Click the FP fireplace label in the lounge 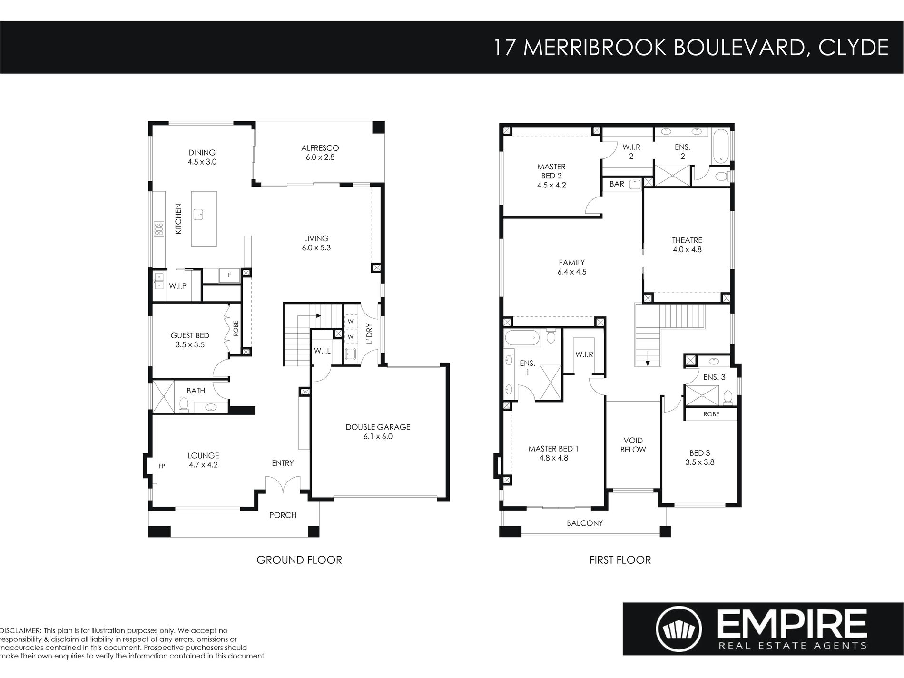[x=162, y=466]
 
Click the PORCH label [x=283, y=515]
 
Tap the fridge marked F [x=229, y=275]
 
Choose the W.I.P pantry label [x=177, y=286]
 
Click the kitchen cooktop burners [x=158, y=229]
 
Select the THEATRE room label [x=687, y=240]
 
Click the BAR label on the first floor [x=617, y=184]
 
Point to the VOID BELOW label [x=633, y=445]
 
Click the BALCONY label [x=585, y=523]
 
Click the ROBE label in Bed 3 [x=711, y=414]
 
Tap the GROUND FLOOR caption [x=299, y=560]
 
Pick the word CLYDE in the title [x=854, y=48]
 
